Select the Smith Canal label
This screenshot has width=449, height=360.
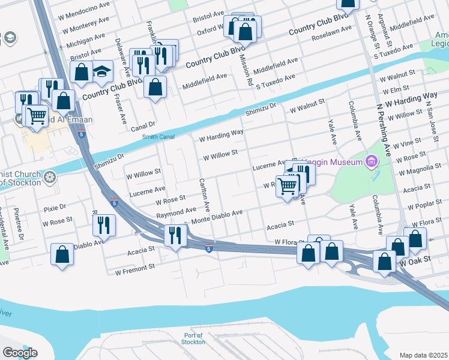click(x=158, y=137)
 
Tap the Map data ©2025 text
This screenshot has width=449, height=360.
click(x=424, y=355)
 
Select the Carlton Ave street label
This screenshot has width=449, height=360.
click(x=204, y=194)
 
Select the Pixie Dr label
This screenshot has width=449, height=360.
click(x=55, y=207)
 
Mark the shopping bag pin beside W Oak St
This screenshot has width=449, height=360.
click(x=385, y=261)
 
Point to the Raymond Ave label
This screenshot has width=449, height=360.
click(x=176, y=213)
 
